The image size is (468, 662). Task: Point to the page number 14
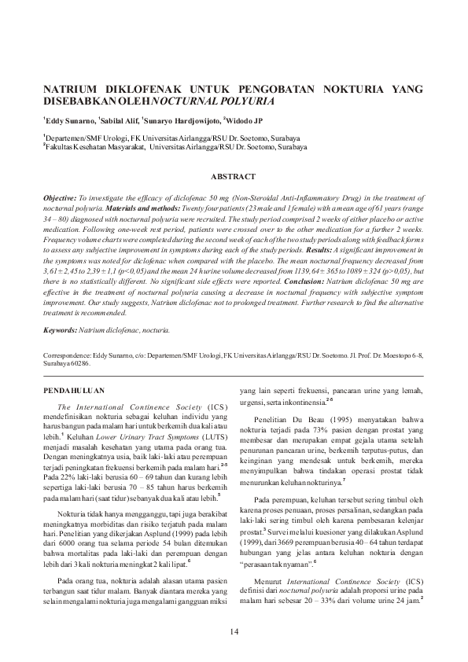[x=234, y=633]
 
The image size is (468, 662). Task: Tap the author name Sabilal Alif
[x=120, y=120]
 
